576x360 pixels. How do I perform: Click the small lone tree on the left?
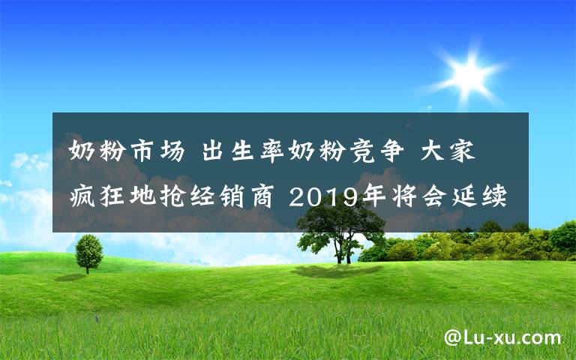[89, 252]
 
